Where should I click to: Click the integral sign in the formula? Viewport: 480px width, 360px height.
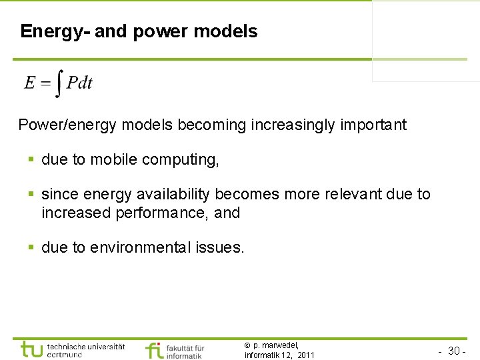point(59,83)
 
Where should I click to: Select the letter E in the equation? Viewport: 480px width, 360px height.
point(30,83)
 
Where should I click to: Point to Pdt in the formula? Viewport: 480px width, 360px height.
point(79,83)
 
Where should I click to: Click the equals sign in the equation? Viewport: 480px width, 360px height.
point(45,83)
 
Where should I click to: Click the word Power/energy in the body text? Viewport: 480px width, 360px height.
point(60,125)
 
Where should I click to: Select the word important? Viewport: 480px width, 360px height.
point(372,125)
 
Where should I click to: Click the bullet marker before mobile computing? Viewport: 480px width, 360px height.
point(31,160)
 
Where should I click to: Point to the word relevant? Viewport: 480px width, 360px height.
point(353,195)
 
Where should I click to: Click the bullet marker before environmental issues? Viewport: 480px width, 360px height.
point(31,248)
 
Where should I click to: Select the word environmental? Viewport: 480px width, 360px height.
point(141,248)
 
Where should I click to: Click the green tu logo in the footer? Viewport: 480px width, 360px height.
point(32,349)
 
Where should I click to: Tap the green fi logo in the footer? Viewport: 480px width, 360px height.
point(154,350)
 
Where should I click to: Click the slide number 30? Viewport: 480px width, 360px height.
point(455,351)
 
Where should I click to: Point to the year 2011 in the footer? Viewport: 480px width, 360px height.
point(306,355)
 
